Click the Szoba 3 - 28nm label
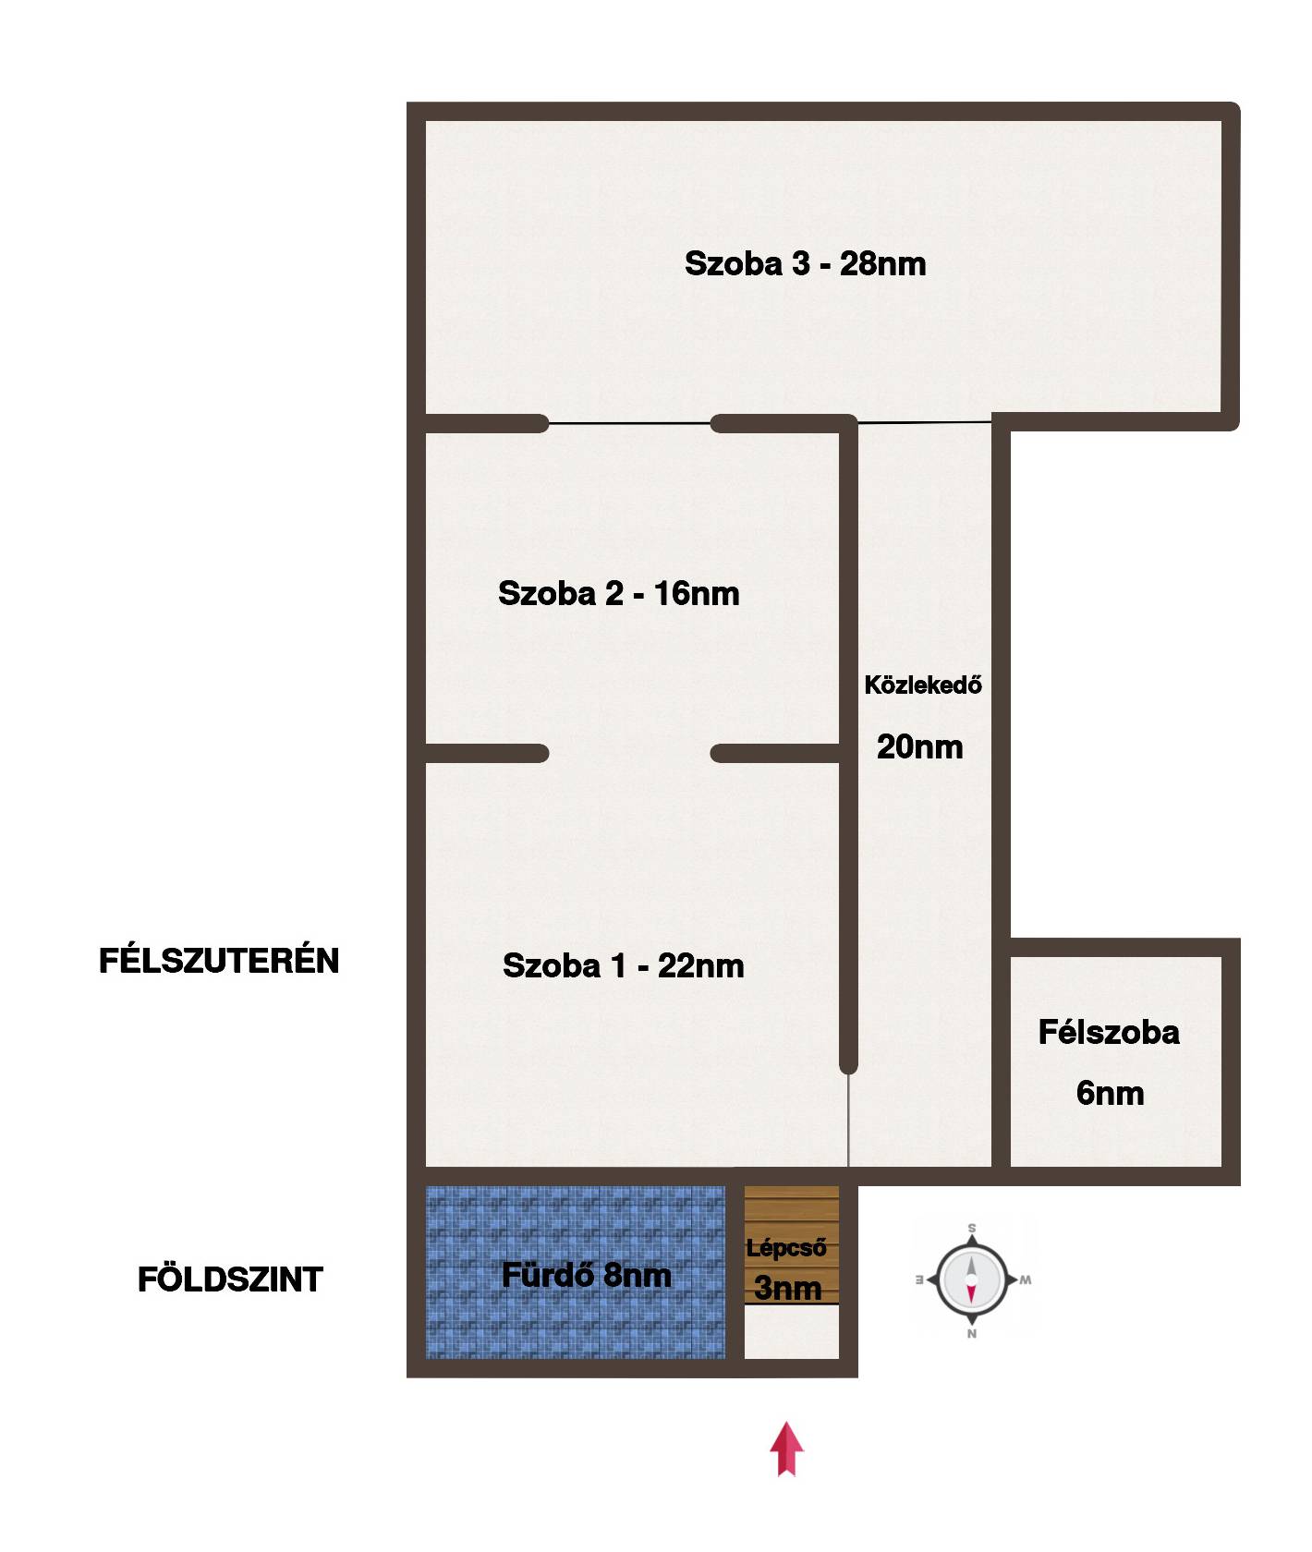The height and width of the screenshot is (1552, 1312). click(805, 264)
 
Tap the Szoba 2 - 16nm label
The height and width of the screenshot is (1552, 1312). click(618, 593)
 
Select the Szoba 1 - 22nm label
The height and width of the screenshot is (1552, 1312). click(623, 966)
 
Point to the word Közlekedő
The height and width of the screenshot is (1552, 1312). click(923, 685)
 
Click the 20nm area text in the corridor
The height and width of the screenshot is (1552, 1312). click(919, 746)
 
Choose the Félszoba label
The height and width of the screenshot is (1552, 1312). click(1109, 1032)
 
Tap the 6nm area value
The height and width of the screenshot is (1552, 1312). click(1110, 1093)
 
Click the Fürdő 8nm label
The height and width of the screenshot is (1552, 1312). click(586, 1276)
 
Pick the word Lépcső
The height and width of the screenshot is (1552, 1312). click(786, 1248)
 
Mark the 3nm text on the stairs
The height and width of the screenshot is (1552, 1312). click(787, 1288)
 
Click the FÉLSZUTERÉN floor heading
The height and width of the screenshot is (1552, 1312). click(219, 962)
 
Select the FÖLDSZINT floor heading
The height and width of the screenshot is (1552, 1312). click(230, 1280)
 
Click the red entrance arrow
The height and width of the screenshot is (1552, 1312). click(786, 1448)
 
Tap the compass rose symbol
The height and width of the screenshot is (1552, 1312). click(971, 1280)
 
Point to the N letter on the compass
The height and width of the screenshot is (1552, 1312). click(971, 1334)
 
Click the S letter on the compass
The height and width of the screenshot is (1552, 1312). click(971, 1228)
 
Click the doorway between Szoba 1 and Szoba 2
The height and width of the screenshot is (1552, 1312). click(629, 754)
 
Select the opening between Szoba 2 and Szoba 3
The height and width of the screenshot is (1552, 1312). click(629, 423)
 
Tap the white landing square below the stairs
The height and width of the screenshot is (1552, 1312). click(792, 1332)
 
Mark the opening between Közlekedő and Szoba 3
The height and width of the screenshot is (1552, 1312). click(925, 422)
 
